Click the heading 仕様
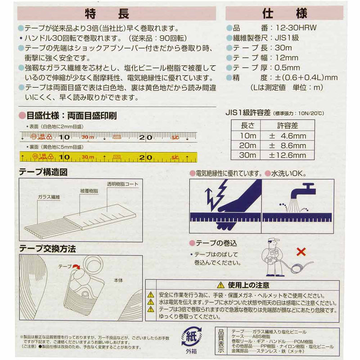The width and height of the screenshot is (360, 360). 282,13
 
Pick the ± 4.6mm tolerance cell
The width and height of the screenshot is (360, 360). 288,135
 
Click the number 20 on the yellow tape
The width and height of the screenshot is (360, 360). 145,157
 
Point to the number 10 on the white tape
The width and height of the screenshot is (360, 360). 64,137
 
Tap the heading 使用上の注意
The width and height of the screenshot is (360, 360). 247,285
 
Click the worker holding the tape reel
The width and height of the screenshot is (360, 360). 273,256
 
